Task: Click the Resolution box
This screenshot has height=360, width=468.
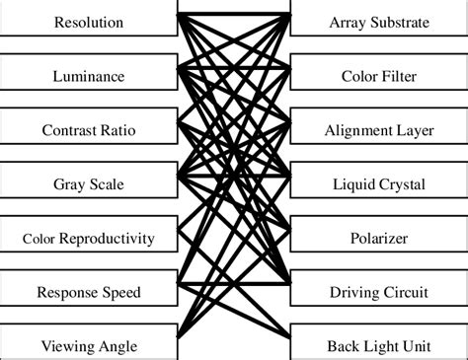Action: [x=89, y=22]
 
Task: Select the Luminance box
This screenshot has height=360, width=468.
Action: [x=89, y=76]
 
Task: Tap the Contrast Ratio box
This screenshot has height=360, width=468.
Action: [x=89, y=130]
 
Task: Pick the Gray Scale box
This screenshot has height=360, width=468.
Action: [x=89, y=183]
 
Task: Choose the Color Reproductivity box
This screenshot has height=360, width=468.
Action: [x=89, y=238]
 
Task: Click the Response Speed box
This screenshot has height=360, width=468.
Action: [x=89, y=292]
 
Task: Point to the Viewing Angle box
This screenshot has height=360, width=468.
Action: [x=89, y=345]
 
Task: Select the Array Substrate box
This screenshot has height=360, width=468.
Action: [x=378, y=22]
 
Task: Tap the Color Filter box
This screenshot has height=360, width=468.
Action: [x=378, y=76]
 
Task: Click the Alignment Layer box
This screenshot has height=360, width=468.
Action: [x=378, y=130]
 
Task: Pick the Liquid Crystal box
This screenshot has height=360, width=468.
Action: [x=378, y=183]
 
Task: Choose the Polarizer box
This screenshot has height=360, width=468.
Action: [x=378, y=238]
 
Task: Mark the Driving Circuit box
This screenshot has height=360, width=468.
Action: [x=378, y=292]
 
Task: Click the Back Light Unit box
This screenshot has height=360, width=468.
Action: [x=378, y=345]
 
